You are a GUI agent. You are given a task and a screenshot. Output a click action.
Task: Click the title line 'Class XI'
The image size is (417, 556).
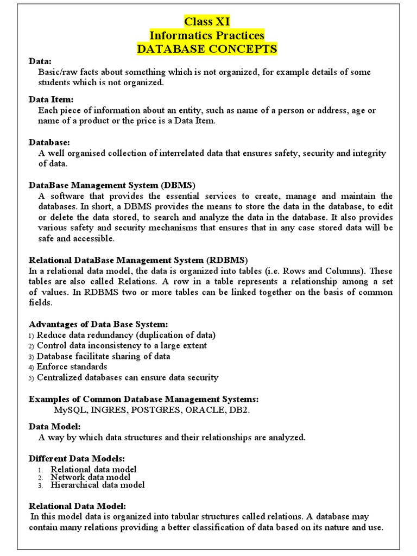(x=207, y=22)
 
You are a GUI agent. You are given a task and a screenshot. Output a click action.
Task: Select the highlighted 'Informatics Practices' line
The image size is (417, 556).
(x=207, y=36)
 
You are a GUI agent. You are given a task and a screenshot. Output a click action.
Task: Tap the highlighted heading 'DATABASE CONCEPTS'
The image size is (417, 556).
(x=207, y=49)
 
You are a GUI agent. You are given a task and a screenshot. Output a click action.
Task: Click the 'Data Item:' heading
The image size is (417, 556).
(x=50, y=99)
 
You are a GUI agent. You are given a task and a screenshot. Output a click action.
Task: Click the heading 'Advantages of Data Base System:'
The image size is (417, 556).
(x=94, y=324)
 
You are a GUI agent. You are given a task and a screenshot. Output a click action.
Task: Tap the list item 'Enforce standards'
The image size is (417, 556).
(x=72, y=367)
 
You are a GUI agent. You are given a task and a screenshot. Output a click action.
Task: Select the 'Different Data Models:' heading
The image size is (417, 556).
(x=77, y=458)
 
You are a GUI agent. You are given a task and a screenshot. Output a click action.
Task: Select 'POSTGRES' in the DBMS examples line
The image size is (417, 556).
(x=156, y=409)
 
